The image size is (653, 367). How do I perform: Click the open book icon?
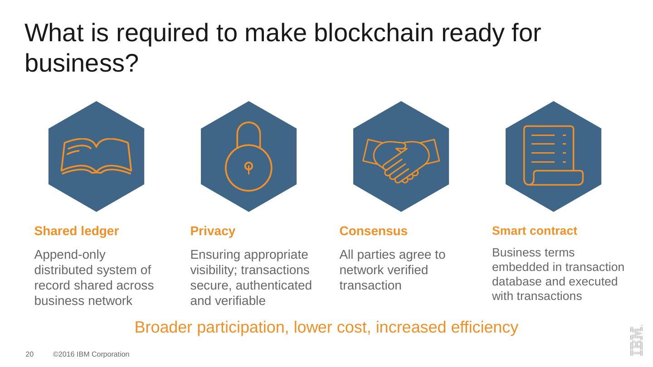pyautogui.click(x=96, y=157)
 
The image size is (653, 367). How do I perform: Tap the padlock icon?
pyautogui.click(x=249, y=157)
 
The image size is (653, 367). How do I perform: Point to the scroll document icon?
pyautogui.click(x=553, y=155)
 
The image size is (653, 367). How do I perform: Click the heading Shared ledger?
pyautogui.click(x=77, y=231)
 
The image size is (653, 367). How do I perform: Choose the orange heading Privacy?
pyautogui.click(x=213, y=231)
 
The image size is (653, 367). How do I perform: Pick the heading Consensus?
pyautogui.click(x=373, y=231)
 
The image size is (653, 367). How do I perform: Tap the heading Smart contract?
pyautogui.click(x=534, y=231)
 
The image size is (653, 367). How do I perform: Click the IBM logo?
pyautogui.click(x=636, y=340)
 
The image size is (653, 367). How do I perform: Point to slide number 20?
pyautogui.click(x=29, y=354)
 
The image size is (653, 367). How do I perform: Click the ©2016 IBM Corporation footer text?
pyautogui.click(x=91, y=354)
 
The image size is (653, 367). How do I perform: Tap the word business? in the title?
pyautogui.click(x=82, y=63)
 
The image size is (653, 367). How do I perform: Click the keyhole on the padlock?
pyautogui.click(x=249, y=167)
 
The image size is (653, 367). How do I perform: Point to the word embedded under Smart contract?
pyautogui.click(x=517, y=267)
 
